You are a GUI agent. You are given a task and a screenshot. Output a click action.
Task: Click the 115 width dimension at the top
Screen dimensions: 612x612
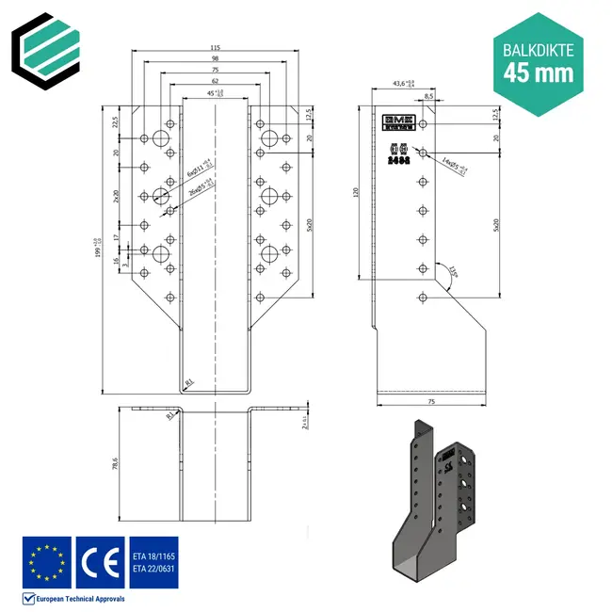216,49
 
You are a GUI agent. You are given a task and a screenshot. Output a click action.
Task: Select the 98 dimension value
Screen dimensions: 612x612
216,60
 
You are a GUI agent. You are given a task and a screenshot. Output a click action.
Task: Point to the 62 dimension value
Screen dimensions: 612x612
216,83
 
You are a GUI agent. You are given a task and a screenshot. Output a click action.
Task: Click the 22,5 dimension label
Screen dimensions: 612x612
116,121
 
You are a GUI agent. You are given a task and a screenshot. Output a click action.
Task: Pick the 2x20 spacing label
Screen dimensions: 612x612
116,196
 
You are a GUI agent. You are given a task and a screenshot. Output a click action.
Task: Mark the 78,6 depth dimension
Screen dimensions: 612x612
116,463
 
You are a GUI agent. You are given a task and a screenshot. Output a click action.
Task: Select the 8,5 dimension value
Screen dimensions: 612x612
429,96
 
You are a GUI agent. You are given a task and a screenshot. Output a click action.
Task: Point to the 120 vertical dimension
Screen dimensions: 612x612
356,192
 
